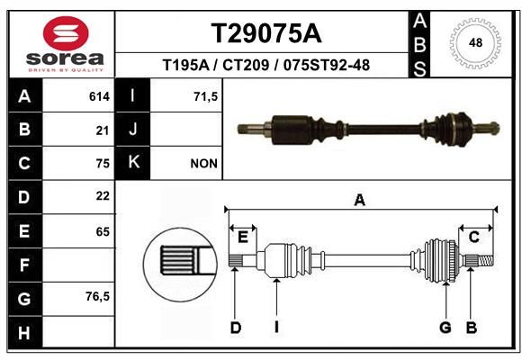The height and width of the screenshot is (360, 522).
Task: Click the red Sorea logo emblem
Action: tap(66, 33)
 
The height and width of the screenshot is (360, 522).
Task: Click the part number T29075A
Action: tap(266, 33)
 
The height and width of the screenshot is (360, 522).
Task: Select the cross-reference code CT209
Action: tap(246, 65)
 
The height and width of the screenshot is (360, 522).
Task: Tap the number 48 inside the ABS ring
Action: tap(475, 42)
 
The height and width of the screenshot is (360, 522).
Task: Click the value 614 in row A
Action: tap(99, 96)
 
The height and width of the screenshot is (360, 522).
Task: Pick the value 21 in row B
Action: tap(103, 130)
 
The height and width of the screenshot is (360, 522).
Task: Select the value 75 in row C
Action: tap(103, 164)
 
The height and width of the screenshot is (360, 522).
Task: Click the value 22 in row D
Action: tap(103, 196)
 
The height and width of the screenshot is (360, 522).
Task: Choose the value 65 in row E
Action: tap(103, 231)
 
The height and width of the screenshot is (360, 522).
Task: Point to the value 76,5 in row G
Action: tap(97, 296)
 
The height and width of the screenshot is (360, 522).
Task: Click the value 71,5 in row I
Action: tap(206, 96)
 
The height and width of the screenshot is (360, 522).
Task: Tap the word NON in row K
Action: tap(203, 164)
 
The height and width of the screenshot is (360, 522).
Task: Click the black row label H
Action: tap(25, 332)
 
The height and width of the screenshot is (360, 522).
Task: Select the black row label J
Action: tap(132, 130)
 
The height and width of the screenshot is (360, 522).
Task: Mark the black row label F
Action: tap(25, 265)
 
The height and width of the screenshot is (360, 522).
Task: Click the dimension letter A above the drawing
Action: tap(359, 201)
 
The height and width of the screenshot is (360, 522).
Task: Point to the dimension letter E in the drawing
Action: tap(243, 238)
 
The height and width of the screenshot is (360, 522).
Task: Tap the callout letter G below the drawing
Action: tap(445, 328)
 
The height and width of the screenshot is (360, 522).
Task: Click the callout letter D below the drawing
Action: tap(236, 328)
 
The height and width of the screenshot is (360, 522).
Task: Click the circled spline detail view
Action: tap(180, 265)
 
